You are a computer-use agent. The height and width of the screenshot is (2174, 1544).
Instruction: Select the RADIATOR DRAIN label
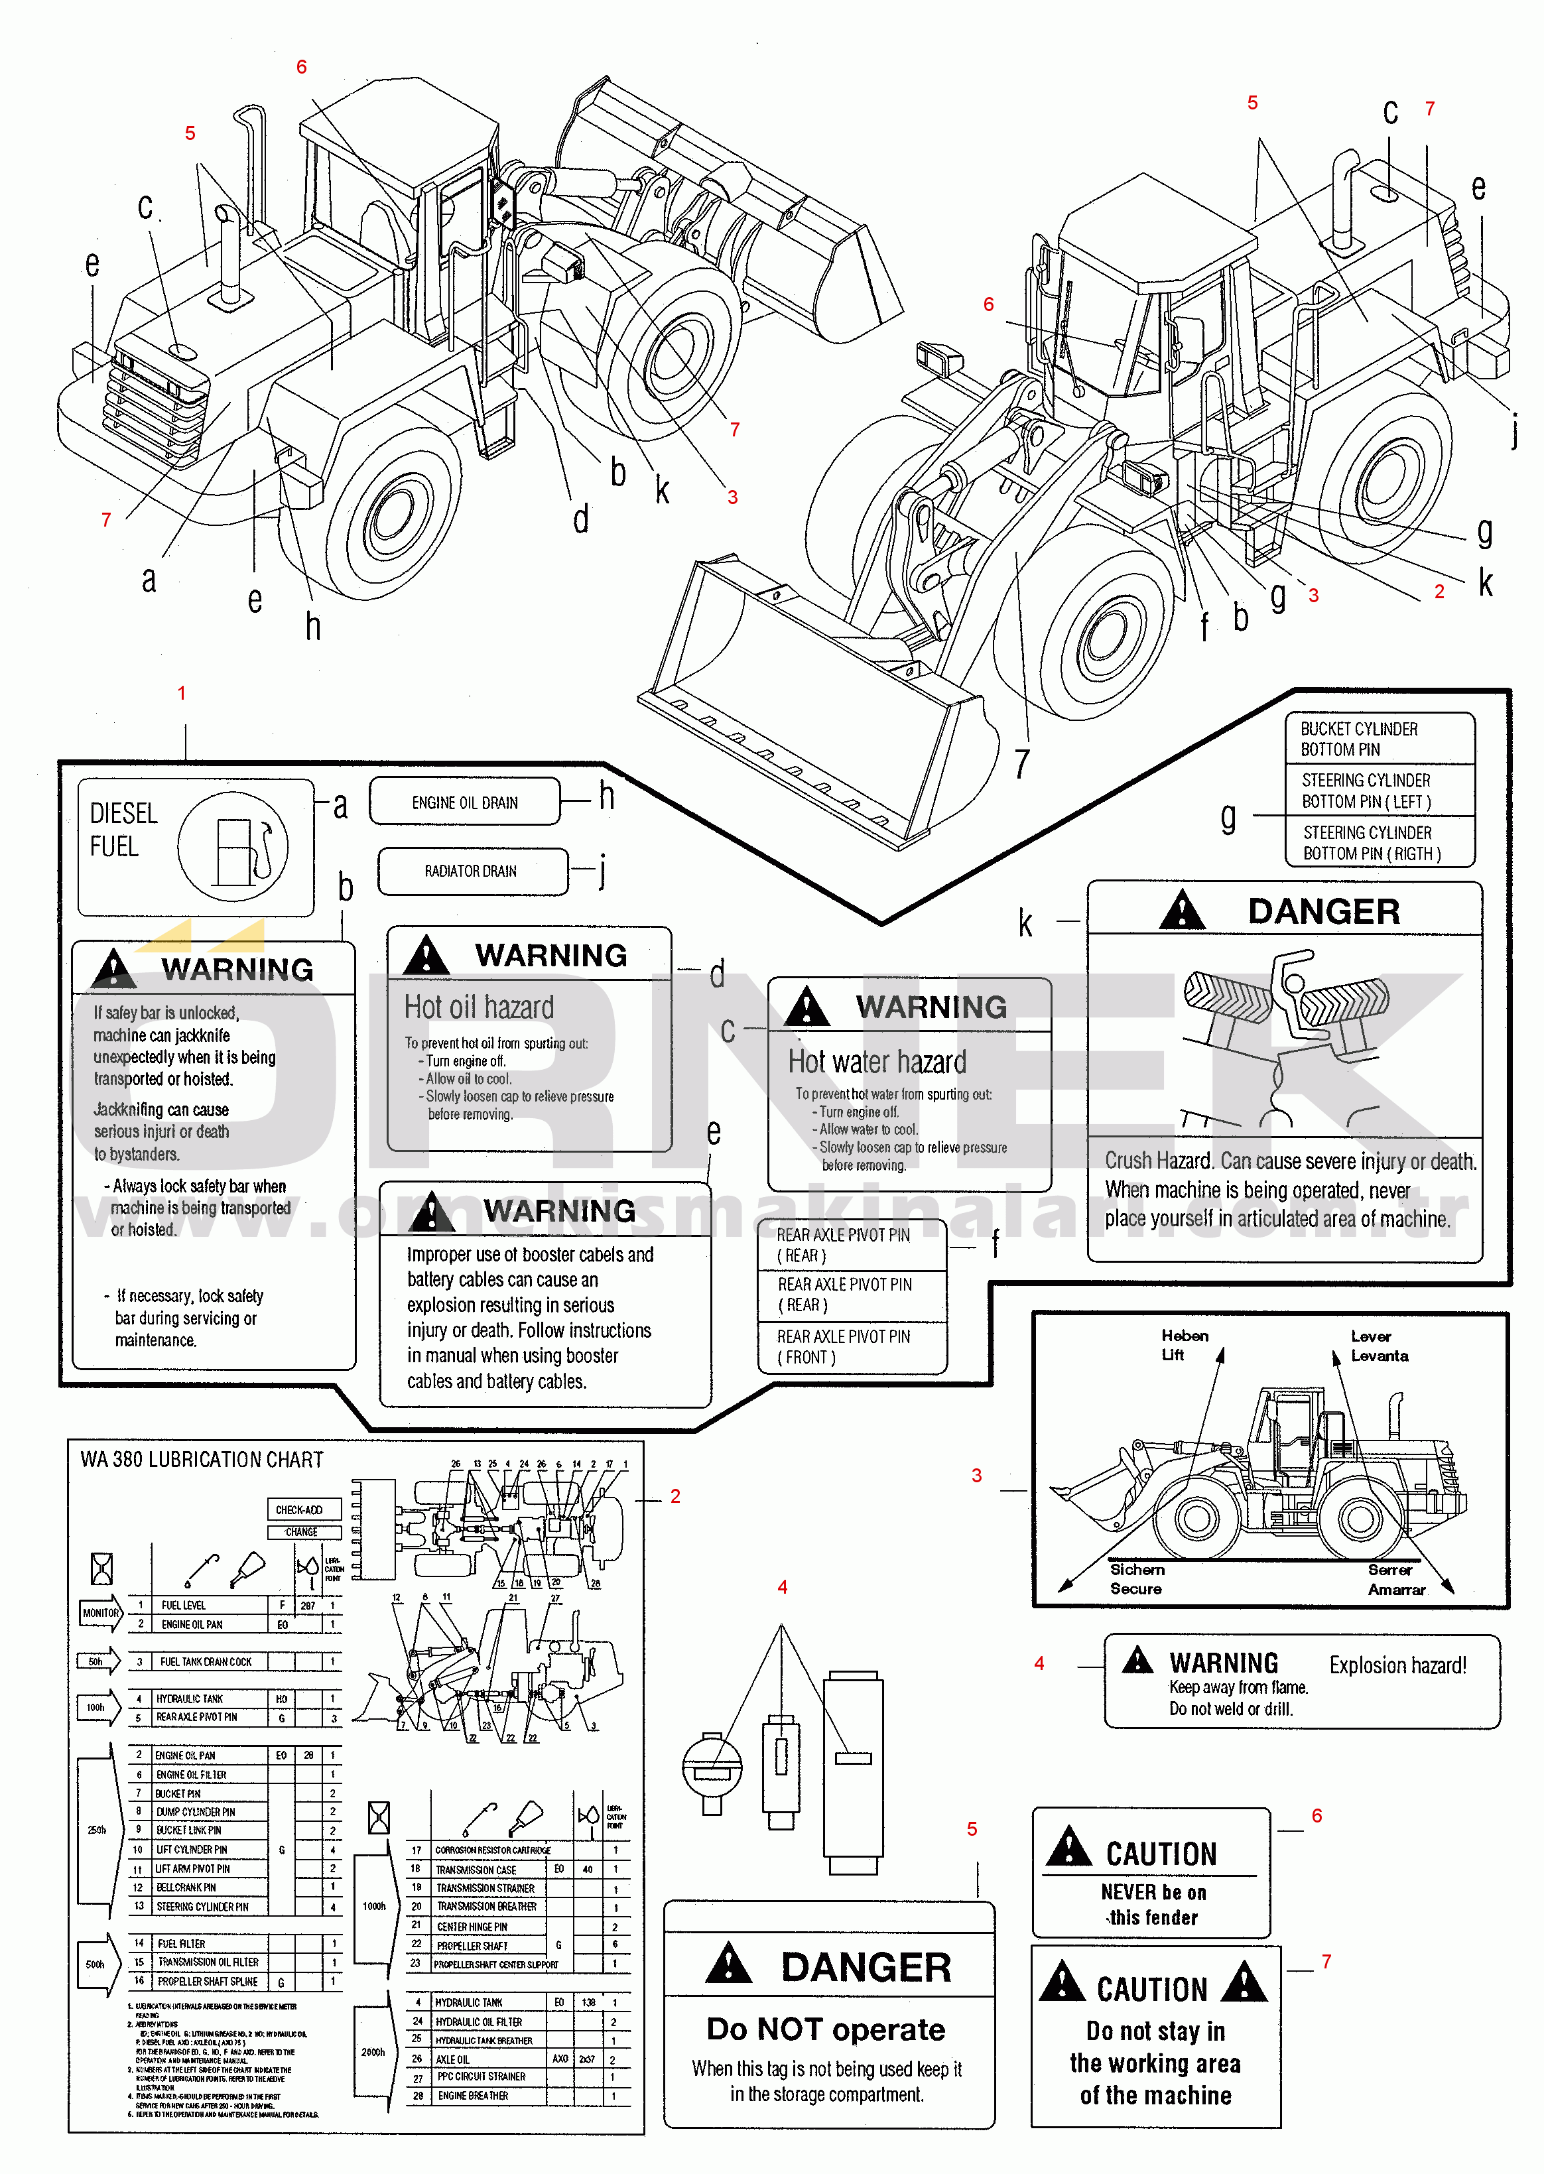471,871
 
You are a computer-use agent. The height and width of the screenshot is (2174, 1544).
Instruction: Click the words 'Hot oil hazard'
478,1007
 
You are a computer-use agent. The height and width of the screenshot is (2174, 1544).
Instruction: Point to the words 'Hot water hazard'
877,1062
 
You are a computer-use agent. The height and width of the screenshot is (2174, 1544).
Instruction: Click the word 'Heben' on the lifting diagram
1185,1336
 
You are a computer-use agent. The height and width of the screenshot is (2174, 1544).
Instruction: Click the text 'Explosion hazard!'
1397,1665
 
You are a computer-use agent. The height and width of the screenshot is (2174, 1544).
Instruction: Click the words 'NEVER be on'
1153,1891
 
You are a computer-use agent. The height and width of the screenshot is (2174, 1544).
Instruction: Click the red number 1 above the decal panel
182,693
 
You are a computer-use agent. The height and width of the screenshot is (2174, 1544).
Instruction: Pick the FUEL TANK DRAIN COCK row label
206,1661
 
